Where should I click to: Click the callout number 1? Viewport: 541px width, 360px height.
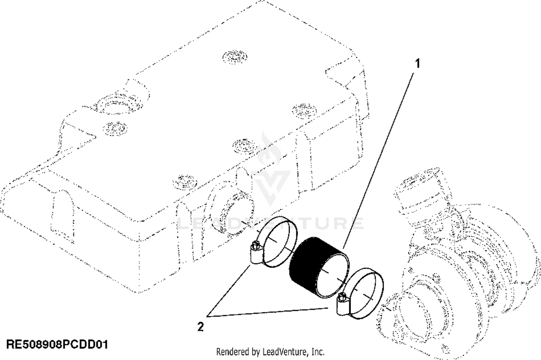[x=418, y=64]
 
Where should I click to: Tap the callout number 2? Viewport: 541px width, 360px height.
[x=200, y=327]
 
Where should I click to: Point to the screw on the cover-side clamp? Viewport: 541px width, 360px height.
[x=255, y=247]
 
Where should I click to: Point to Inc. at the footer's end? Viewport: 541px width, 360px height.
[x=317, y=351]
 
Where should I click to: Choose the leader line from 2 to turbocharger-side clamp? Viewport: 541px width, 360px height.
[x=270, y=312]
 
